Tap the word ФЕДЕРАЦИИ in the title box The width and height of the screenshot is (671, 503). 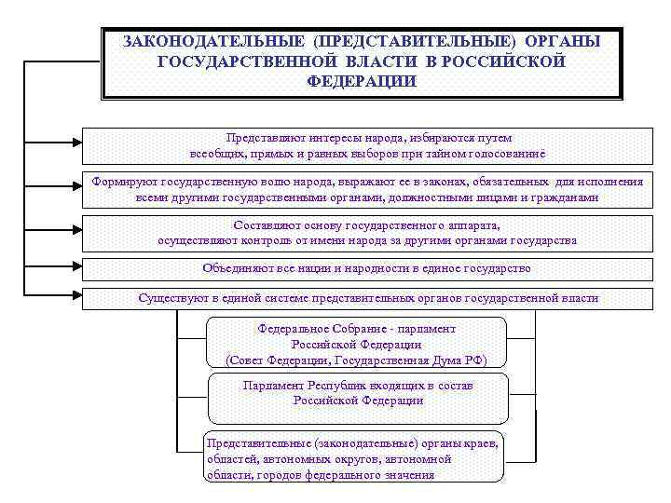point(362,80)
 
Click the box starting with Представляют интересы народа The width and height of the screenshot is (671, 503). point(363,144)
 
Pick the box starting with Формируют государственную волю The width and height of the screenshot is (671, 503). point(363,190)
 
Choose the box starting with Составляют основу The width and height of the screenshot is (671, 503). point(363,233)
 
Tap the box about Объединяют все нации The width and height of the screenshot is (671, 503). point(363,268)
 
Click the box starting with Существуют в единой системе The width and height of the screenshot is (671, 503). point(363,299)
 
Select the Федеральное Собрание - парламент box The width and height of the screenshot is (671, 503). point(357,344)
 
